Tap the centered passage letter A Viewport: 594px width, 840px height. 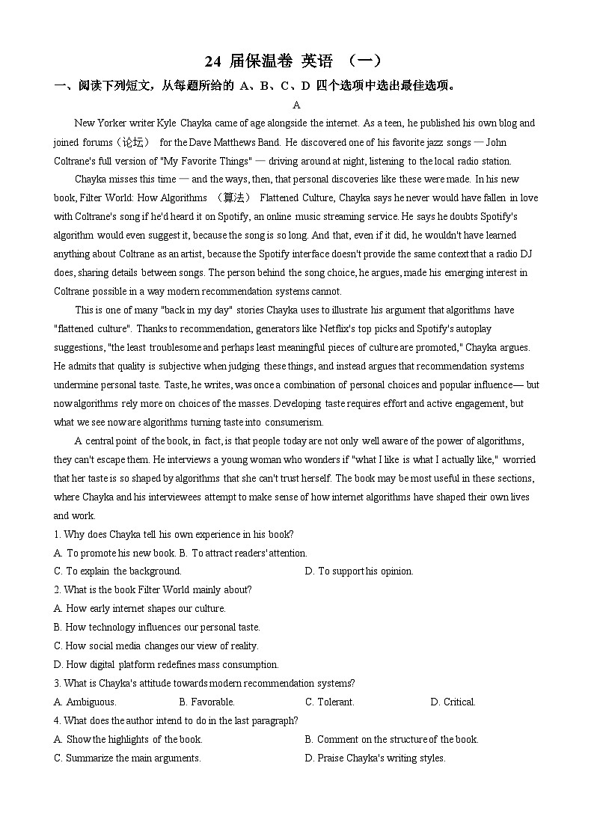(x=297, y=105)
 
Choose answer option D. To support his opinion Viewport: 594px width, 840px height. (x=359, y=571)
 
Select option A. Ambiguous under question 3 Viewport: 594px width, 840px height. (x=85, y=702)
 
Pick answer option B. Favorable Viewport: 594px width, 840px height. (x=207, y=702)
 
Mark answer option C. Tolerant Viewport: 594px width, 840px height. (x=330, y=702)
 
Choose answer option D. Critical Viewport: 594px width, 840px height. (x=453, y=702)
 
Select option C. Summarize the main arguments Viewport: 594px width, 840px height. (x=127, y=758)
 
